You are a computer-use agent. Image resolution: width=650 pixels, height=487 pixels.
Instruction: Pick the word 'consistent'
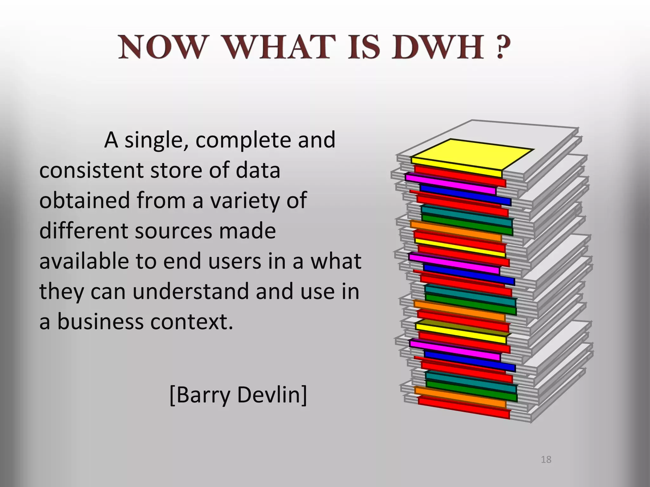pyautogui.click(x=91, y=171)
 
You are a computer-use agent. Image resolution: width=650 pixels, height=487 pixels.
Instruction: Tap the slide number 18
pyautogui.click(x=546, y=460)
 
